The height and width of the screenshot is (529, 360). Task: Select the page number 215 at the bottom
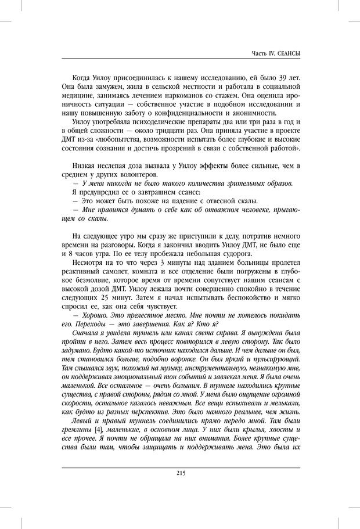(180, 473)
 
